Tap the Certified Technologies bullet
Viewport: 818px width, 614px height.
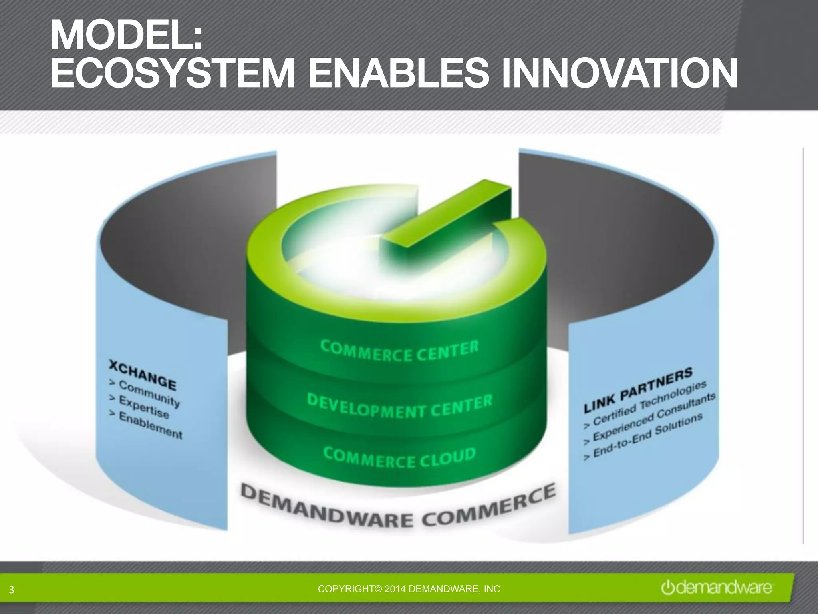click(650, 402)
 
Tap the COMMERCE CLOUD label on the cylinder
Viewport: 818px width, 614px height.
click(399, 457)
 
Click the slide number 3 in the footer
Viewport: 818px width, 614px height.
click(11, 590)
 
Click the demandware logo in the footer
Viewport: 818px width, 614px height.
click(717, 588)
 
